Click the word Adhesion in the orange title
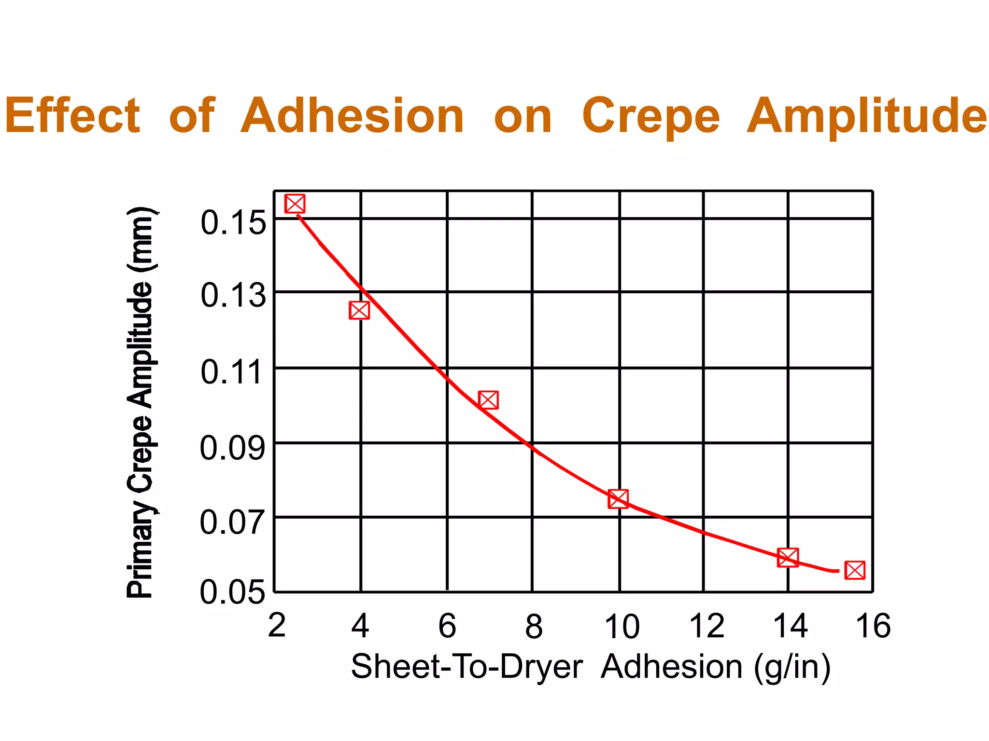pyautogui.click(x=352, y=116)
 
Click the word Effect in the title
pyautogui.click(x=72, y=116)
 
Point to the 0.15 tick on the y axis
pyautogui.click(x=233, y=222)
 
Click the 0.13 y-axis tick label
pyautogui.click(x=233, y=295)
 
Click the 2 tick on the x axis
pyautogui.click(x=277, y=626)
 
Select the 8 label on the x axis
pyautogui.click(x=534, y=626)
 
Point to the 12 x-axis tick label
pyautogui.click(x=706, y=626)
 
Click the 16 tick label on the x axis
pyautogui.click(x=873, y=626)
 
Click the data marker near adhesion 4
pyautogui.click(x=359, y=310)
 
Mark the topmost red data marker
pyautogui.click(x=295, y=204)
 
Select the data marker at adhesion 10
pyautogui.click(x=618, y=498)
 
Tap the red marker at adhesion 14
pyautogui.click(x=788, y=557)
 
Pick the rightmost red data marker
pyautogui.click(x=855, y=570)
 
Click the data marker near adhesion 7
pyautogui.click(x=488, y=400)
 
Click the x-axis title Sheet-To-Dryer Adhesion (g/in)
pyautogui.click(x=590, y=667)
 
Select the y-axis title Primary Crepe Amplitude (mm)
pyautogui.click(x=140, y=403)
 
